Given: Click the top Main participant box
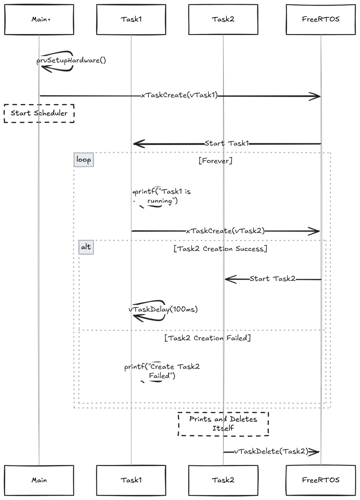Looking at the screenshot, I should click(39, 19).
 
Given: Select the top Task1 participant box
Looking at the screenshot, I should click(131, 19).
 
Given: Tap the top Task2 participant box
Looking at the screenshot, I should click(223, 19).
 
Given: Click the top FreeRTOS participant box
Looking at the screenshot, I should click(321, 19).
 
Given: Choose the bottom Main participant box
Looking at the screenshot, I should click(39, 480).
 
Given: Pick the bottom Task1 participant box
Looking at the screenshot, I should click(131, 480).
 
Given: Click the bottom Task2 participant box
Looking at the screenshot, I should click(223, 480).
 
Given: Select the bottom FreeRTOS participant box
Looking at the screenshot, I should click(321, 480).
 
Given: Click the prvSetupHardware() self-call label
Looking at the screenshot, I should click(71, 60).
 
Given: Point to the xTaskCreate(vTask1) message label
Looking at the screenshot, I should click(179, 95).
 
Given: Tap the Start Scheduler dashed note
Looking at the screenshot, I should click(39, 113).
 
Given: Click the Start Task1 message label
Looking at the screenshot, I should click(227, 143).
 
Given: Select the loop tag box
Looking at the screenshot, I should click(84, 160).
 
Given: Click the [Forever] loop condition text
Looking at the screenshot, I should click(215, 161).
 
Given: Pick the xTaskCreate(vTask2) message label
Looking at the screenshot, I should click(225, 231).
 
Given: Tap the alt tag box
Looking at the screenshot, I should click(86, 247).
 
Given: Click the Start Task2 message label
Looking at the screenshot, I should click(272, 279).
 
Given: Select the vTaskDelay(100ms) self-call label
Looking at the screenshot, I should click(163, 309).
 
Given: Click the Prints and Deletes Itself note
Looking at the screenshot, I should click(223, 424).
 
